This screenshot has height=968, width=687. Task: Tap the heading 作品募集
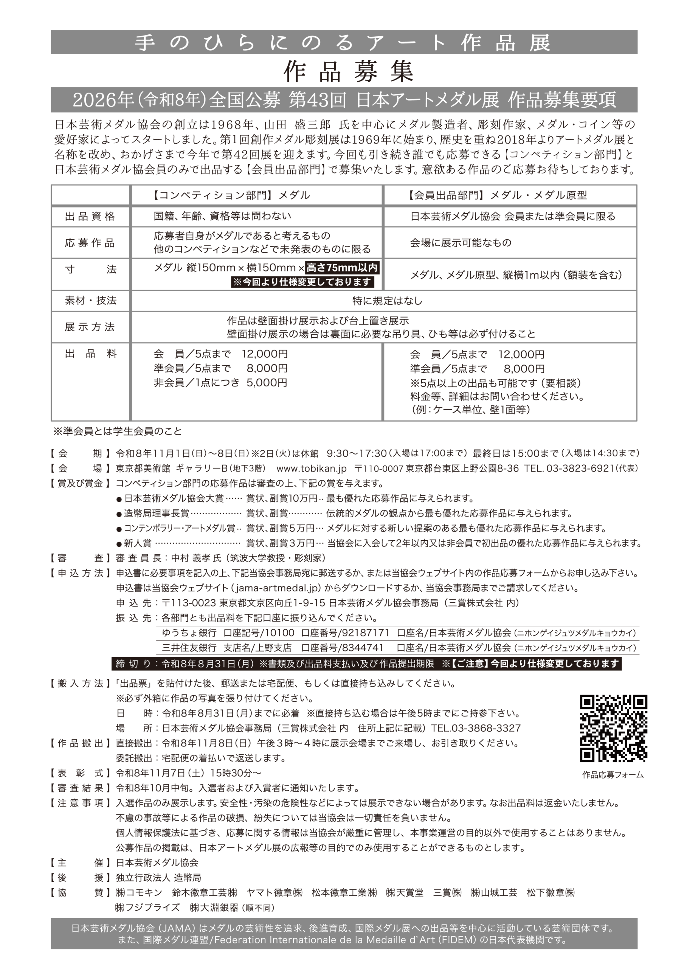tap(348, 71)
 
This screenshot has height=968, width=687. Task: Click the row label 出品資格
tap(90, 217)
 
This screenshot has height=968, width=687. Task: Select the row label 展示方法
tap(90, 327)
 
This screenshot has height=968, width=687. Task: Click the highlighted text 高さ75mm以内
tap(342, 268)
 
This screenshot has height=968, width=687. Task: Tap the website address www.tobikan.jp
tap(311, 468)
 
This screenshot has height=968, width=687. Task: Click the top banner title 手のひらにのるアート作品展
tap(343, 42)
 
